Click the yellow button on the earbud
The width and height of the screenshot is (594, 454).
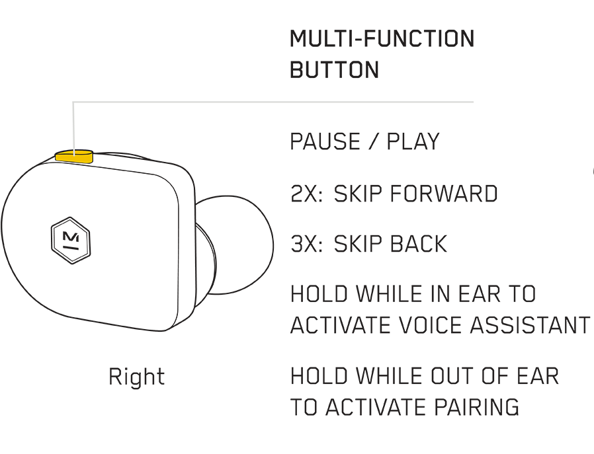pyautogui.click(x=74, y=156)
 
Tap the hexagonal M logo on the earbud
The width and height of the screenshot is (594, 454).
pyautogui.click(x=71, y=241)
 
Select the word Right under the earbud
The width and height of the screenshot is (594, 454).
pyautogui.click(x=137, y=377)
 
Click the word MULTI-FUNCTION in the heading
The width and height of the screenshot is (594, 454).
pyautogui.click(x=382, y=38)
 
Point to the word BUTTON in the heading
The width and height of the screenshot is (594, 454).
pyautogui.click(x=335, y=69)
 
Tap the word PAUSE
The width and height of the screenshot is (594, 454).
pyautogui.click(x=325, y=141)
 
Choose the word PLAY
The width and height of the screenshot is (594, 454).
pyautogui.click(x=413, y=141)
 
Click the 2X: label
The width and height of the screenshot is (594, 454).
pyautogui.click(x=307, y=194)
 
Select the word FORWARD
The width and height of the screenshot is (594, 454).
pyautogui.click(x=444, y=194)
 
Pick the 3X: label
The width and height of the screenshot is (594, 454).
pyautogui.click(x=307, y=244)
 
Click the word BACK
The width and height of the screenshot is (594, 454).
pyautogui.click(x=418, y=244)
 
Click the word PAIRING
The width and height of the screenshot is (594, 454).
pyautogui.click(x=476, y=407)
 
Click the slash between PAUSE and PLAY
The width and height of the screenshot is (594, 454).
pyautogui.click(x=373, y=141)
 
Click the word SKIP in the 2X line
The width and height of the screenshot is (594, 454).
pyautogui.click(x=358, y=194)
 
